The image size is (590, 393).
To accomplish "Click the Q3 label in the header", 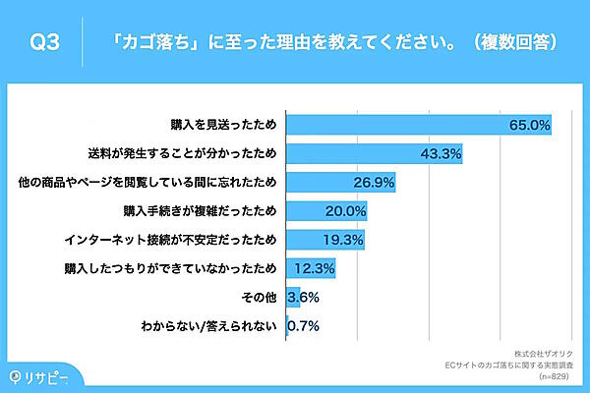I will tap(46, 42).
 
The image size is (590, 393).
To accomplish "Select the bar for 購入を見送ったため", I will tap(418, 126).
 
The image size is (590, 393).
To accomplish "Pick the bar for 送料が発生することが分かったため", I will tap(374, 154).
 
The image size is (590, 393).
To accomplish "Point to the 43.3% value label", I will tap(440, 154).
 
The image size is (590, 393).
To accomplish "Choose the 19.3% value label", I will tap(342, 240).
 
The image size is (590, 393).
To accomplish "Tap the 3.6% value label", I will tap(303, 297).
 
